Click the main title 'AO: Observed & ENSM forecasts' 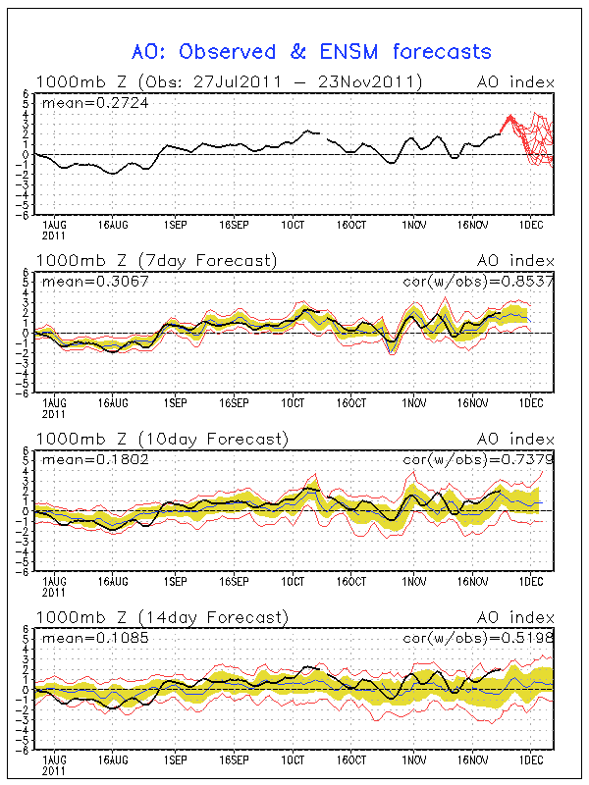[x=311, y=51]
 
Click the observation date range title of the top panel [x=230, y=81]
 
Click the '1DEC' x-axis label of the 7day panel [x=531, y=403]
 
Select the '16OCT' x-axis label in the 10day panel [x=352, y=582]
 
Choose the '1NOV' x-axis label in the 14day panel [x=413, y=760]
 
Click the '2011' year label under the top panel [x=54, y=236]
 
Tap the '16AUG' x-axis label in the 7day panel [x=114, y=403]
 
